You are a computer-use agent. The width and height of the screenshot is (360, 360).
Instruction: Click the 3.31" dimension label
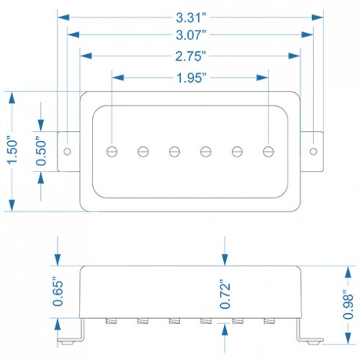click(191, 18)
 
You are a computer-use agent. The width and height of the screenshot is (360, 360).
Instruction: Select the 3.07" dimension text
click(191, 35)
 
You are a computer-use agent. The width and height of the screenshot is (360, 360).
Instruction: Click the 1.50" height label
click(12, 151)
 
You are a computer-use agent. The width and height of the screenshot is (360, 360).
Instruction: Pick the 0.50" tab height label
click(41, 151)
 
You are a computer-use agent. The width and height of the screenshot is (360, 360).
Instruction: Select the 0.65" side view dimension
click(58, 292)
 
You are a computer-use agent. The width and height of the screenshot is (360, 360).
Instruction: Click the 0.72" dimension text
click(225, 294)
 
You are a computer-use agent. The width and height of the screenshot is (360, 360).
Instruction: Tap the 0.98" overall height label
click(348, 305)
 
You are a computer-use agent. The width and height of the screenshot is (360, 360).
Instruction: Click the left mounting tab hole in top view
click(67, 151)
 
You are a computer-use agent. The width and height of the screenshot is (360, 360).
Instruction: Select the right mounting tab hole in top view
click(313, 151)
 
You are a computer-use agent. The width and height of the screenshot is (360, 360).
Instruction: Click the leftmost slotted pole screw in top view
click(112, 151)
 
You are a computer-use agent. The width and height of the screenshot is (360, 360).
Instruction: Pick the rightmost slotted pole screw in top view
click(269, 151)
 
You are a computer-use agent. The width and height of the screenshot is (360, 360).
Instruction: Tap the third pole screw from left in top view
click(174, 151)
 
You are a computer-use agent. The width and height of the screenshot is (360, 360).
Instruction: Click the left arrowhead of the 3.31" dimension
click(63, 18)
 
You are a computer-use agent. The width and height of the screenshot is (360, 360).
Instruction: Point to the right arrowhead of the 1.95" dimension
click(263, 78)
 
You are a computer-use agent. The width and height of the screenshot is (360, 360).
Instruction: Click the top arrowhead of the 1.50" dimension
click(12, 97)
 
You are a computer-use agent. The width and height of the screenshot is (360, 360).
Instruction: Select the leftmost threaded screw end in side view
click(111, 321)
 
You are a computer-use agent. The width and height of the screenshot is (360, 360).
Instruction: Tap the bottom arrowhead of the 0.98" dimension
click(348, 339)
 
